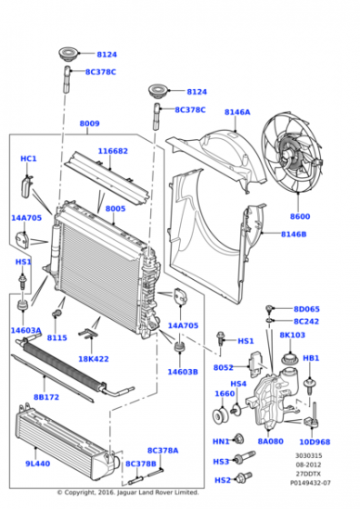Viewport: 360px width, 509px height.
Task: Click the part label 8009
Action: pos(89,124)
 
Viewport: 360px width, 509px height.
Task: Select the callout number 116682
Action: pos(114,151)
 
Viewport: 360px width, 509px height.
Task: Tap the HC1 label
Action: pos(28,159)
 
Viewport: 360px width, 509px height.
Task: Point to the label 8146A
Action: pos(237,113)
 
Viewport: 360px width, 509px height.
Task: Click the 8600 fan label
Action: pos(300,216)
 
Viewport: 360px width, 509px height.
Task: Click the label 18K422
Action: pos(94,359)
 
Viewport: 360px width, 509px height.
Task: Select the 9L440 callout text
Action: pos(37,464)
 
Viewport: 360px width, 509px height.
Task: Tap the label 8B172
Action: pos(46,396)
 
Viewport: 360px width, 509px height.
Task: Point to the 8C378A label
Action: pos(164,449)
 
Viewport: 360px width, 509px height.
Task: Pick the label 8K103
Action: pos(292,335)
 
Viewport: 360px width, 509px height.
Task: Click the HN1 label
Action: pos(221,442)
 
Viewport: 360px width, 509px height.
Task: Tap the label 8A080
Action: pos(270,442)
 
